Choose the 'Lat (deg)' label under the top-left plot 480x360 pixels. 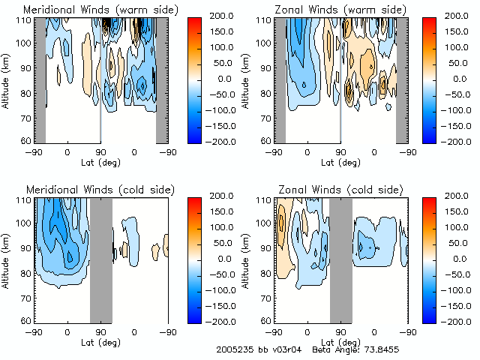pos(100,161)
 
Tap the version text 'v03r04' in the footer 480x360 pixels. pos(287,350)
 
